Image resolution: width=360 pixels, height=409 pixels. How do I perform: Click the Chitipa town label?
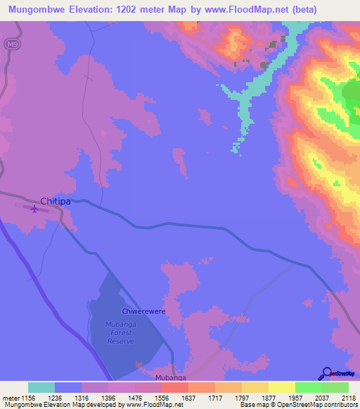coord(55,202)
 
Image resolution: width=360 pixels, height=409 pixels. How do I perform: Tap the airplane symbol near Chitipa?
coord(34,207)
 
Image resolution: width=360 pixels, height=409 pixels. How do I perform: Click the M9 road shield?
coord(10,44)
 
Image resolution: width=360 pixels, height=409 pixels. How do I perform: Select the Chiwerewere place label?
coord(143,310)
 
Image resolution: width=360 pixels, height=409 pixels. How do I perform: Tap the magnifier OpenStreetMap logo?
coord(326,374)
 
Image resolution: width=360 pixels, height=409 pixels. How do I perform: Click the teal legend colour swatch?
coord(41,387)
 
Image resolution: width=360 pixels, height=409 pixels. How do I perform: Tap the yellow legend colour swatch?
coord(282,387)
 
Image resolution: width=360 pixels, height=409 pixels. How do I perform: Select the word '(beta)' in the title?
coord(336,9)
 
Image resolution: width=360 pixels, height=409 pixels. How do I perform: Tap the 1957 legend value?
coord(307,397)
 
